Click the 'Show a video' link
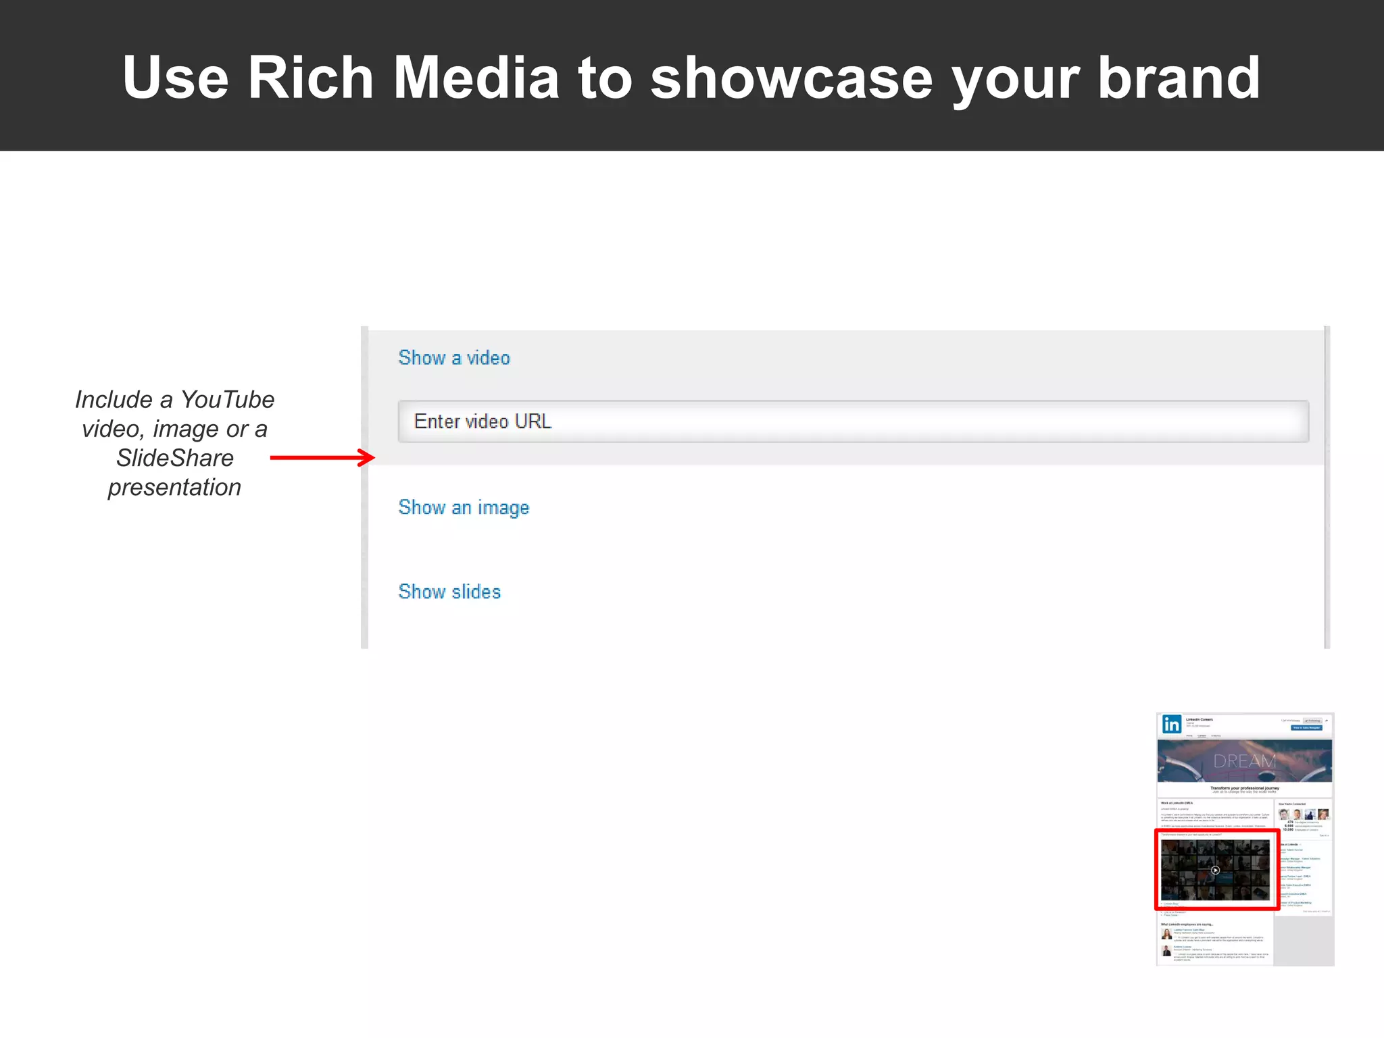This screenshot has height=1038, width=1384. click(x=454, y=358)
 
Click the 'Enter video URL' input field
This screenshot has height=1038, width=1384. click(x=853, y=421)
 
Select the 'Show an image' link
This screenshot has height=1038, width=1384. click(x=464, y=508)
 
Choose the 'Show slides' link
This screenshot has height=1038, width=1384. click(x=449, y=592)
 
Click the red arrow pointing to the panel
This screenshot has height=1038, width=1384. click(x=322, y=458)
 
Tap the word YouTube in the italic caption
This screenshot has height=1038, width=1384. click(x=227, y=400)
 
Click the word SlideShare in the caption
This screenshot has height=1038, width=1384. click(x=175, y=458)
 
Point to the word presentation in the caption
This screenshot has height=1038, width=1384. click(x=174, y=487)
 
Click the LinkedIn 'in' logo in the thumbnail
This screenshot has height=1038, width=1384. click(x=1171, y=725)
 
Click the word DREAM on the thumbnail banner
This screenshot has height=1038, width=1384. click(x=1244, y=761)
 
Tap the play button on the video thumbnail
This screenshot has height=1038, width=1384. click(x=1215, y=871)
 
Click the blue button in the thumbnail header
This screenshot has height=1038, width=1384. click(x=1306, y=728)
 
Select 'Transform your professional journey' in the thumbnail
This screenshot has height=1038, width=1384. click(x=1244, y=788)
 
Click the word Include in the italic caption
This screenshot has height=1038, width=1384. click(x=114, y=400)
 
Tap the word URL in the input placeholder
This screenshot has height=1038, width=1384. click(x=533, y=421)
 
